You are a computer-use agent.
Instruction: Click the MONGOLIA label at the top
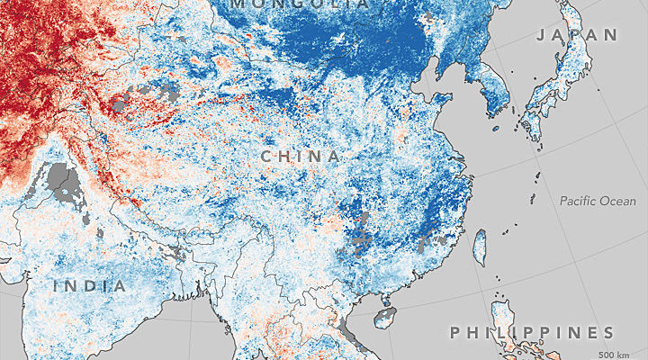point(299,4)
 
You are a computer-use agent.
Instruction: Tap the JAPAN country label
point(577,35)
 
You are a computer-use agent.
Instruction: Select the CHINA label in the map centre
point(301,157)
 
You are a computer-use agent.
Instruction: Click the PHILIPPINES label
point(532,333)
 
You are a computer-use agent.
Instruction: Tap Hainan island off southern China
point(385,317)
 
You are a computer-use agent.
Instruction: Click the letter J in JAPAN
point(541,35)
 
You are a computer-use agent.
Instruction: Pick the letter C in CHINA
point(267,157)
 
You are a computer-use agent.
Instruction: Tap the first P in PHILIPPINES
point(454,333)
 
